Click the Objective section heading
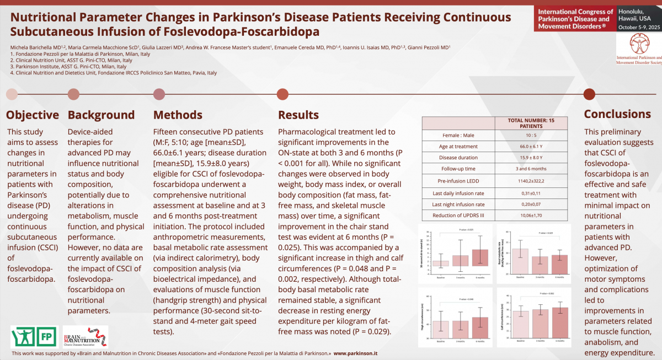pos(33,115)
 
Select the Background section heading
pos(101,115)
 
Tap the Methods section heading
pos(178,115)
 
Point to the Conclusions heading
pos(617,114)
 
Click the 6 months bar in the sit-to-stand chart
pos(480,257)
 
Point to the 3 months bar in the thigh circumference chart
pos(460,329)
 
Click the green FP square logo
pos(48,336)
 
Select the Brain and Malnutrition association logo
pos(86,336)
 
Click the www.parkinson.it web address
pos(356,353)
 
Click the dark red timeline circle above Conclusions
pos(589,94)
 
